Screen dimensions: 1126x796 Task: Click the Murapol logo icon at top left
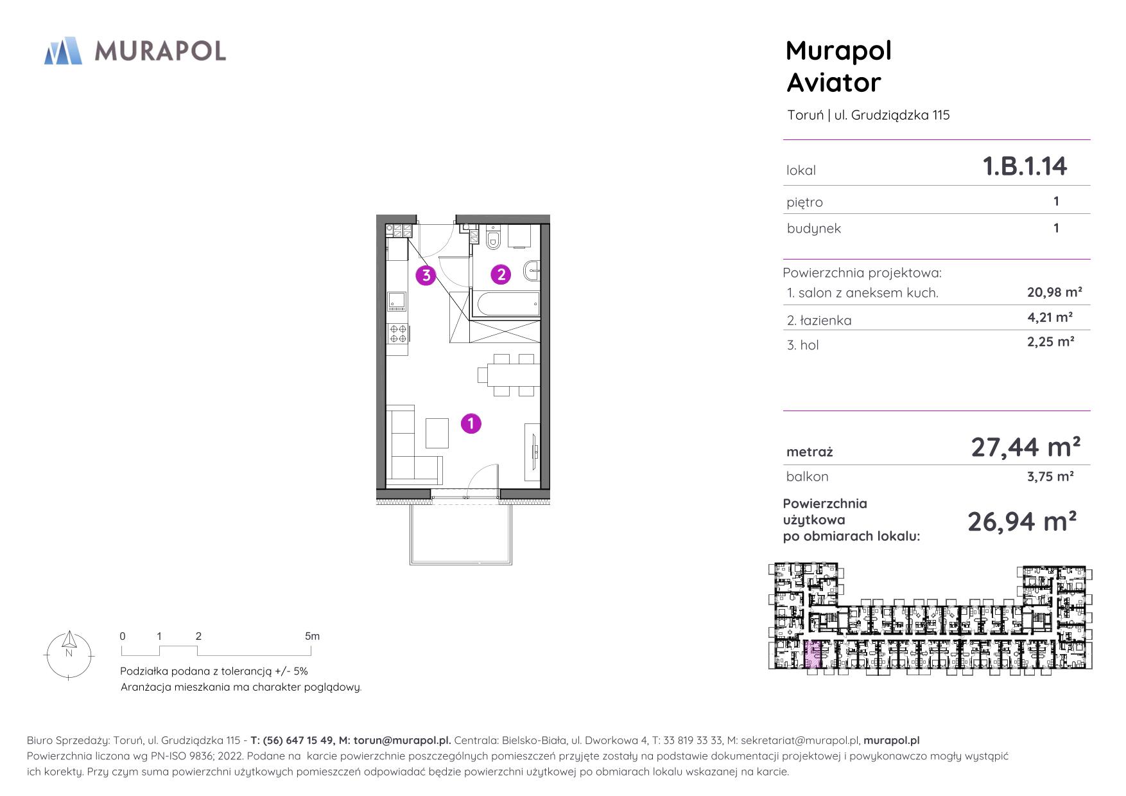point(63,51)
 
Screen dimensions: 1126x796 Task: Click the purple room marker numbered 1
point(471,423)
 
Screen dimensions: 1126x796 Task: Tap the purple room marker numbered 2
point(501,275)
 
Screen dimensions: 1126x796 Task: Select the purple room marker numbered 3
point(426,276)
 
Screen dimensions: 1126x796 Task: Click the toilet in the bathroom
point(493,238)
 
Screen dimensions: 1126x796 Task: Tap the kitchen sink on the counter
point(397,301)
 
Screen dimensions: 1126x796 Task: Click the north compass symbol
point(69,654)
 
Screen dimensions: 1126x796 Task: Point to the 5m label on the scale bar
point(312,636)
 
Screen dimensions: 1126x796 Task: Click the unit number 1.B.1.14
point(1025,166)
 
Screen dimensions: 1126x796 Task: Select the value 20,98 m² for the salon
point(1055,292)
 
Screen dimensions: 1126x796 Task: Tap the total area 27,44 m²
point(1025,447)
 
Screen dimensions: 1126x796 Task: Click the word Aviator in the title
point(833,82)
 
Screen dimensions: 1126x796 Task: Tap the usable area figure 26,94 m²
point(1022,521)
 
